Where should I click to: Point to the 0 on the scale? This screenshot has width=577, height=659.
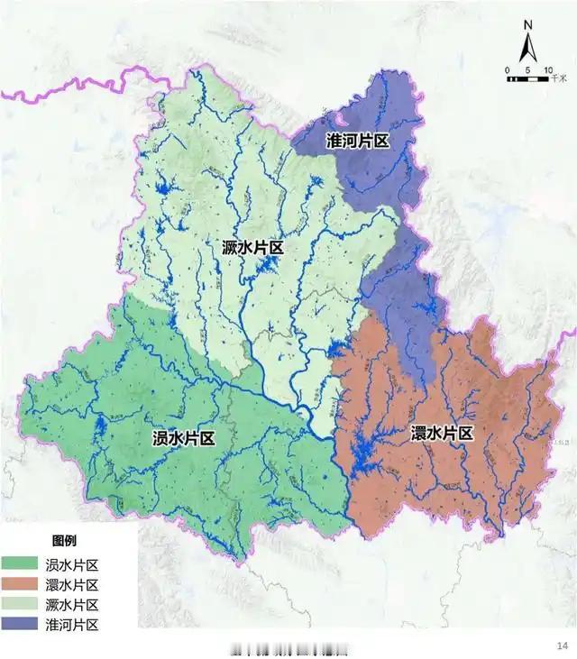(508, 70)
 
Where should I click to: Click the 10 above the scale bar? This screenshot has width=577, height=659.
(547, 70)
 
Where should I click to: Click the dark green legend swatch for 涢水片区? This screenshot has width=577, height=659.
(25, 565)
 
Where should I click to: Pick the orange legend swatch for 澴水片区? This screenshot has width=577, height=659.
(25, 585)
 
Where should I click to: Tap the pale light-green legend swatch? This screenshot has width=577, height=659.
(25, 605)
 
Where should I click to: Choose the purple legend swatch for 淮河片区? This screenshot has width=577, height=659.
(25, 625)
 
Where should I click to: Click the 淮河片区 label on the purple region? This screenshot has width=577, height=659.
(357, 142)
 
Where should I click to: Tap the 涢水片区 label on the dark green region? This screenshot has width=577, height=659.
(183, 439)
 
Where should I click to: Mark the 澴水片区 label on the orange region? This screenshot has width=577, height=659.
(442, 434)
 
